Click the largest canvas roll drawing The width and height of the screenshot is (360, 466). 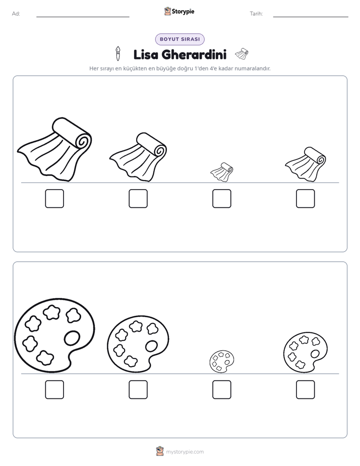point(55,149)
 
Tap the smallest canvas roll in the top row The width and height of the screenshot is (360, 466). point(222,172)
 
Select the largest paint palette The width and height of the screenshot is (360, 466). point(54,335)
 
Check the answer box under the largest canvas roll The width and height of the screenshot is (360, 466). point(54,199)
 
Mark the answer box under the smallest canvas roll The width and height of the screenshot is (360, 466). point(222,199)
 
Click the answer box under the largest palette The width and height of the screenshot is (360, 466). point(54,390)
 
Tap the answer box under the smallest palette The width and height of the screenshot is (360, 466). point(222,390)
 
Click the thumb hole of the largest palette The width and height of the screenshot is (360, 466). point(72,338)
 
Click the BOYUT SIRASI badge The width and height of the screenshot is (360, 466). point(179,39)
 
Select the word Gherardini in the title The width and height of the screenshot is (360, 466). point(194,54)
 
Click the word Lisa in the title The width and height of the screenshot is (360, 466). point(146,54)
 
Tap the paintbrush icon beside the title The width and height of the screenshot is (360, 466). point(118,53)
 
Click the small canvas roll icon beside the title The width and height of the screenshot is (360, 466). point(242,53)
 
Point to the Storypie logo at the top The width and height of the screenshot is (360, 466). point(179,12)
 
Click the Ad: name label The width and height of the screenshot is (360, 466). point(16,14)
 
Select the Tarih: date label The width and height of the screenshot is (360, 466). point(256,14)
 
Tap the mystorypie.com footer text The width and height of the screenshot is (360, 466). point(185,452)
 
